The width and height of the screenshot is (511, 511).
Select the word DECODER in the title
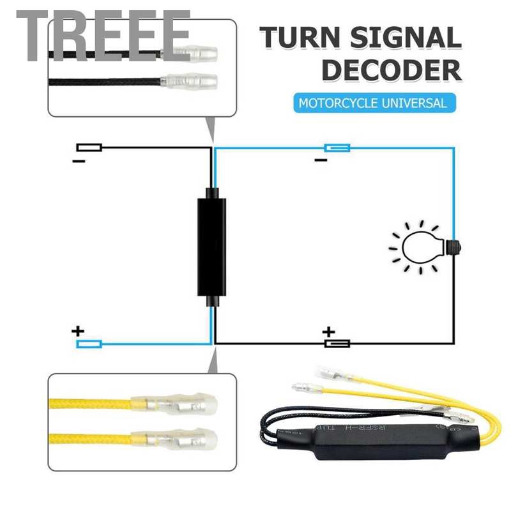(391, 70)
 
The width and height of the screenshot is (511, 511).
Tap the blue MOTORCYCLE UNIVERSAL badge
(374, 102)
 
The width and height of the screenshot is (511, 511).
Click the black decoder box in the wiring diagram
(211, 247)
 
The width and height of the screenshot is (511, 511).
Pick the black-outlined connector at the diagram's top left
(89, 148)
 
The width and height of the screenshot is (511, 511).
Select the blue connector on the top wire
(337, 148)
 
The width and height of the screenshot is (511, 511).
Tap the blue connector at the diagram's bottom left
(89, 344)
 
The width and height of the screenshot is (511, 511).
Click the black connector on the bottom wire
(337, 344)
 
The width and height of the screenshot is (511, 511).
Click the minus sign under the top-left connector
(79, 162)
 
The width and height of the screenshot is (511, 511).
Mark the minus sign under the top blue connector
(321, 160)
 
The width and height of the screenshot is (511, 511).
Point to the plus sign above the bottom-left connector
(78, 332)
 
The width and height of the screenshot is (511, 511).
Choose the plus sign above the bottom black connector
(328, 332)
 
